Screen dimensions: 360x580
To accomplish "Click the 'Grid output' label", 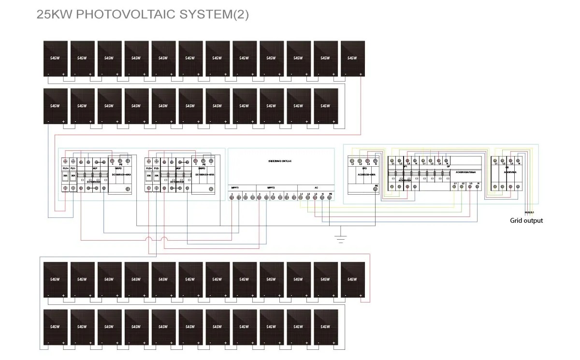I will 526,221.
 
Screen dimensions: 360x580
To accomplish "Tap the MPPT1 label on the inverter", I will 234,187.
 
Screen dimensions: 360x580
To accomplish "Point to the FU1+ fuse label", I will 66,168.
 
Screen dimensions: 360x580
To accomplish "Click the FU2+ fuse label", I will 149,168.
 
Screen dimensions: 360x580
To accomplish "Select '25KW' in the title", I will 55,14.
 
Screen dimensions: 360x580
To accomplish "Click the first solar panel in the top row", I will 56,58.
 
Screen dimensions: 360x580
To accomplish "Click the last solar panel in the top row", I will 353,58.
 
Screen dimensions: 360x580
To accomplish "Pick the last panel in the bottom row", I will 326,327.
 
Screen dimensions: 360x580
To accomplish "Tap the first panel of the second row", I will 56,106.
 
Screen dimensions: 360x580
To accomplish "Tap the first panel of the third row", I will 56,279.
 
